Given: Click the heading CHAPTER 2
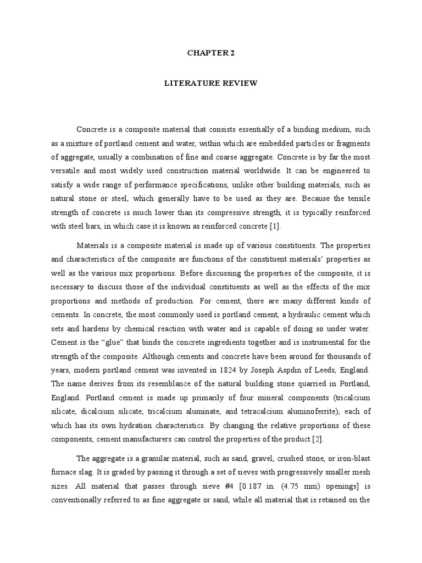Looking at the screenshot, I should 210,53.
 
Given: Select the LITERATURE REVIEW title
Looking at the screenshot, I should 210,84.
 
